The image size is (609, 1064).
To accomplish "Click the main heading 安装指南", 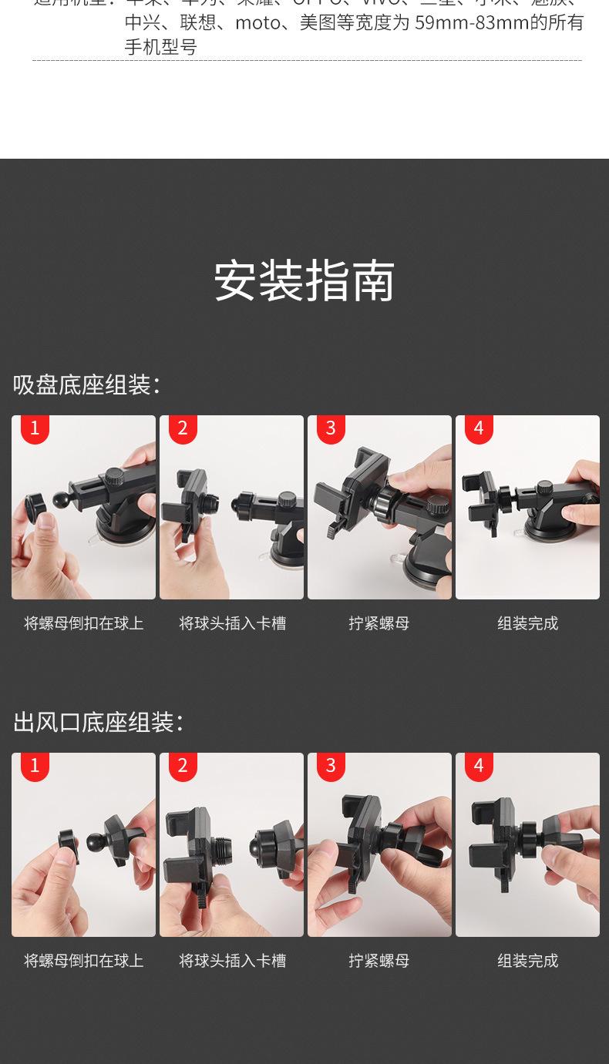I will [304, 280].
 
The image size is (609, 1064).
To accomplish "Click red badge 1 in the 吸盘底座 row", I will [35, 428].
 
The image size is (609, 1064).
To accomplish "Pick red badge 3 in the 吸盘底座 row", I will [331, 428].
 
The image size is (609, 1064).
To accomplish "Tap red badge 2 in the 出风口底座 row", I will [183, 765].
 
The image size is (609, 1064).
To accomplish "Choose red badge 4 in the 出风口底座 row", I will [479, 765].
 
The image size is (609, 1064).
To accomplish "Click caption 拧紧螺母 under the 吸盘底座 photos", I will [379, 623].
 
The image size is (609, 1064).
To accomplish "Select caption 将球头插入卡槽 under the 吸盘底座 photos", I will [232, 623].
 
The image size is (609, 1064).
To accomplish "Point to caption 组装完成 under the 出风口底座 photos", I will [527, 961].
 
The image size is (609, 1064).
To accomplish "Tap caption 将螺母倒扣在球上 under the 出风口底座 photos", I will [83, 961].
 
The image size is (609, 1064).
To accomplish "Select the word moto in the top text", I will [257, 23].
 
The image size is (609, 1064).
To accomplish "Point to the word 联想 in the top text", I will [198, 23].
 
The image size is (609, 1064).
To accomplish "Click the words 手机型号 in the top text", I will [161, 47].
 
